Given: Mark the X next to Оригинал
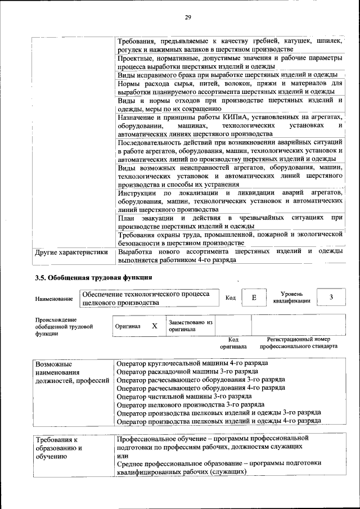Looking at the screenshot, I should tap(154, 326).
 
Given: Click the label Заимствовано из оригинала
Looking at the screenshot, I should tap(190, 326).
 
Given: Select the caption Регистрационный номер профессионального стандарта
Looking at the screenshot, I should tap(302, 343).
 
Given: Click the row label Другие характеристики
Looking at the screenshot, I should tap(71, 253).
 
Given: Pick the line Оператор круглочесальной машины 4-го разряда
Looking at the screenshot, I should tap(187, 363).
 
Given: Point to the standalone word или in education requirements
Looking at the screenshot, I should tap(121, 455).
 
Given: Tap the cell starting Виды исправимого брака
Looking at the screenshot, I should tap(227, 75).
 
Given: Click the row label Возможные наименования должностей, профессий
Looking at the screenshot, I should tap(71, 372).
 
